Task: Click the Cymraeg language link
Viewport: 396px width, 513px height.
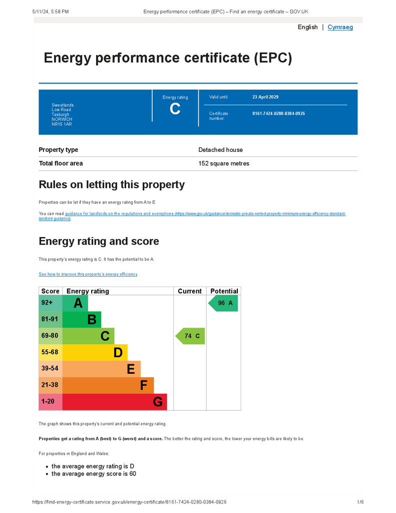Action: [340, 27]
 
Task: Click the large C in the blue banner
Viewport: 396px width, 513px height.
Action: [175, 109]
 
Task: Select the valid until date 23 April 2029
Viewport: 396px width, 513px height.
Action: [265, 97]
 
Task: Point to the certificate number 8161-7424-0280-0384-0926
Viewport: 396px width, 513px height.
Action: [278, 114]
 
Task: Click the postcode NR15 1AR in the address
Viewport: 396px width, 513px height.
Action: [62, 124]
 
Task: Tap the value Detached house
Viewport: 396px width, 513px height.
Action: [220, 150]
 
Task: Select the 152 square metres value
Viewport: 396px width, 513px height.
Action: [223, 163]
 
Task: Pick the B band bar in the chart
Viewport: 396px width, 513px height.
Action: [82, 320]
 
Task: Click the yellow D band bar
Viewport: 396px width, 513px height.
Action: [95, 352]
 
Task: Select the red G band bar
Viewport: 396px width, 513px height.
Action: [115, 402]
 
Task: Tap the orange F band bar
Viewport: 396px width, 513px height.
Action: [108, 385]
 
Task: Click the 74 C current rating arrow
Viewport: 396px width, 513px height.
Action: [190, 336]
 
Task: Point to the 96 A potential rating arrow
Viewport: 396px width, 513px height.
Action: [223, 303]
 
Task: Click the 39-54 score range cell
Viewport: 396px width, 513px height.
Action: [50, 369]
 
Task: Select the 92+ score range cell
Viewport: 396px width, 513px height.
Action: [50, 303]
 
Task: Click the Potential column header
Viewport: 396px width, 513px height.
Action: [224, 291]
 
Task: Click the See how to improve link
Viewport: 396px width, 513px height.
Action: [88, 275]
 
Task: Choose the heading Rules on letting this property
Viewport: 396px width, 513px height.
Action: [112, 185]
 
